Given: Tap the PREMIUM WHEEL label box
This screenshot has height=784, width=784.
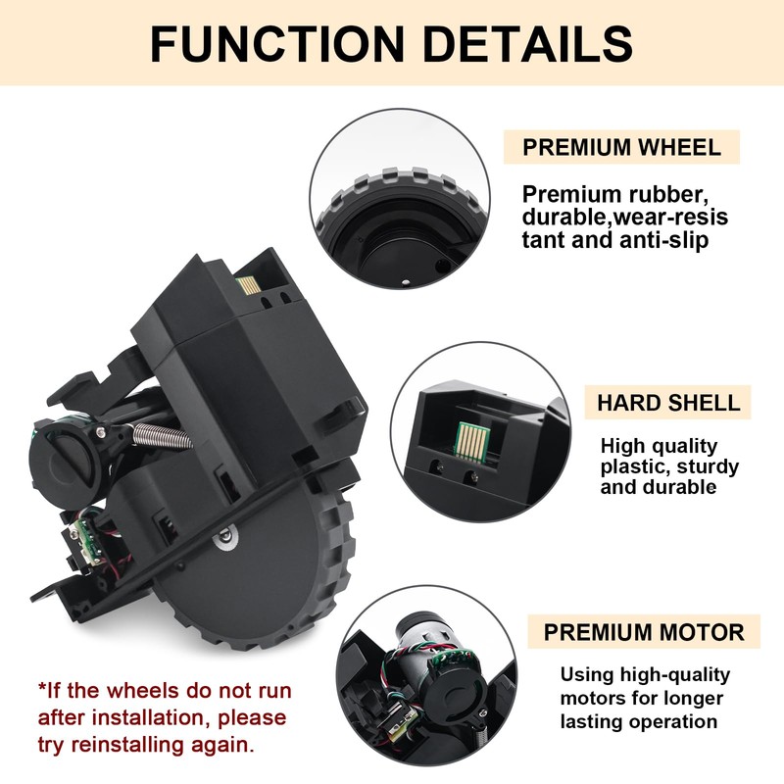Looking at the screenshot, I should tap(621, 148).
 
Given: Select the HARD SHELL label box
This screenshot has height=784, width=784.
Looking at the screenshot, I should tap(668, 403).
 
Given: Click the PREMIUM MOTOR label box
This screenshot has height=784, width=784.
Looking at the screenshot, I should tap(644, 631).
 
